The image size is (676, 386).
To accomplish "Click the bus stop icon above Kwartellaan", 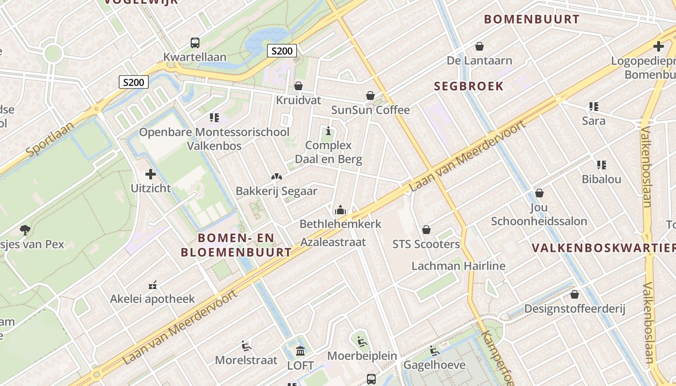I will [x=195, y=43].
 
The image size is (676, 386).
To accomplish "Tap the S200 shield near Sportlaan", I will [x=134, y=82].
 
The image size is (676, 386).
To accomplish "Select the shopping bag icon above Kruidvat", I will [x=298, y=86].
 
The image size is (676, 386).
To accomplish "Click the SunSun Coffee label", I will [x=370, y=110].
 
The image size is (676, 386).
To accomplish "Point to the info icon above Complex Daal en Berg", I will [x=329, y=131].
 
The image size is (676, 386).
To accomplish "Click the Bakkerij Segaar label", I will [x=276, y=191].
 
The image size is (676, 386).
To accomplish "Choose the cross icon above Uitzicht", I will [x=151, y=174].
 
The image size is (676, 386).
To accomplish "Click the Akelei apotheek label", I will [x=152, y=299].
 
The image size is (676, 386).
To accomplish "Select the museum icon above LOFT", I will [x=300, y=351].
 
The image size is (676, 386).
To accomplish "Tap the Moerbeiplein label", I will [x=362, y=356].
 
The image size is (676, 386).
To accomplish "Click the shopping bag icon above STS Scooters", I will [x=426, y=230].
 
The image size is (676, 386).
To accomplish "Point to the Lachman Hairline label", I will [x=458, y=266].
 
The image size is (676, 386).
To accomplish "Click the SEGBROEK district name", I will [x=468, y=86].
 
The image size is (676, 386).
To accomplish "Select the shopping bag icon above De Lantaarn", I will [x=479, y=46].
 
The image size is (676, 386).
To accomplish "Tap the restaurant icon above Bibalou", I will [x=601, y=165].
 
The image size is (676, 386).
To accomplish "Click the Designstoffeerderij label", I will [x=575, y=309].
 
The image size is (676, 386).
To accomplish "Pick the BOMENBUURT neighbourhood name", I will [x=531, y=19].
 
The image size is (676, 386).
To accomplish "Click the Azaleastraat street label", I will [x=333, y=242].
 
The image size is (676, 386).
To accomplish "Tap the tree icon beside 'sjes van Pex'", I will [x=25, y=230].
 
